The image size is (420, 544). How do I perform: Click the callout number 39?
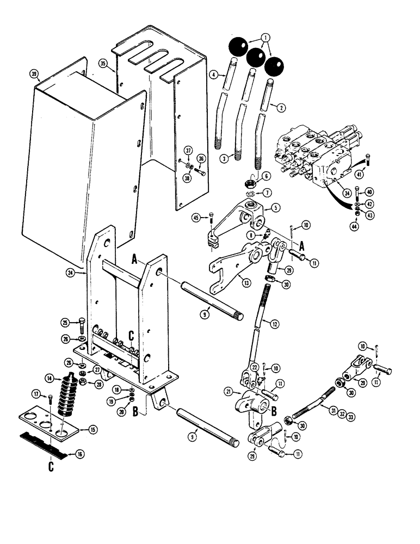click(x=34, y=74)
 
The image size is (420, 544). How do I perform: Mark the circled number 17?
click(x=35, y=394)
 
